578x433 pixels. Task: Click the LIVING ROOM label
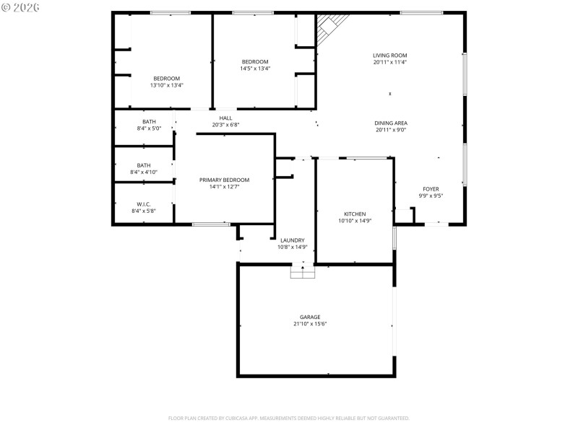[390, 56]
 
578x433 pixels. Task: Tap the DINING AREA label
[390, 123]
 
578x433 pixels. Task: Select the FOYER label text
[431, 188]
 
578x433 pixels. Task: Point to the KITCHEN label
[355, 214]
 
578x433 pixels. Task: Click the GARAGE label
[310, 317]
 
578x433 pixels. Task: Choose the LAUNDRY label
[293, 240]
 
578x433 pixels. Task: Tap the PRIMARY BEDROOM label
[224, 180]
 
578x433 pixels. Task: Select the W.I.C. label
[143, 204]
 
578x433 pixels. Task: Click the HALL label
[225, 118]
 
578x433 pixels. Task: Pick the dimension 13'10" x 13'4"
[166, 85]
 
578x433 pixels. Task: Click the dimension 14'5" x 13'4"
[255, 69]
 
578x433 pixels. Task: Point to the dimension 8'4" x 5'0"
[149, 128]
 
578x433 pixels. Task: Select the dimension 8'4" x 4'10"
[144, 172]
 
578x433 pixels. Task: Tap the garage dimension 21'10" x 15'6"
[310, 324]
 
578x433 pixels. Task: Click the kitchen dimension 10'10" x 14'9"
[355, 221]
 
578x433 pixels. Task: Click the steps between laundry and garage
[303, 271]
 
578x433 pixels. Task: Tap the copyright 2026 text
[21, 7]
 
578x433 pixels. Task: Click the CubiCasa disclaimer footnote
[289, 418]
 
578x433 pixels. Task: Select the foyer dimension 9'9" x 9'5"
[431, 196]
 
